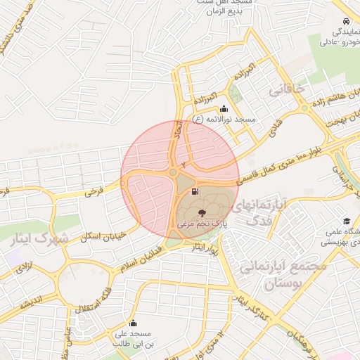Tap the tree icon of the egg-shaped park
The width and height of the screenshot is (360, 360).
point(201,212)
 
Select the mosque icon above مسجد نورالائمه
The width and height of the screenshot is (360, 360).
point(224,109)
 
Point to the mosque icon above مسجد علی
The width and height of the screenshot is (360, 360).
point(133,323)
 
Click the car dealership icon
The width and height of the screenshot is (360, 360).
point(346,21)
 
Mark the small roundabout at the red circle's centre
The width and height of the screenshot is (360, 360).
point(173,172)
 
